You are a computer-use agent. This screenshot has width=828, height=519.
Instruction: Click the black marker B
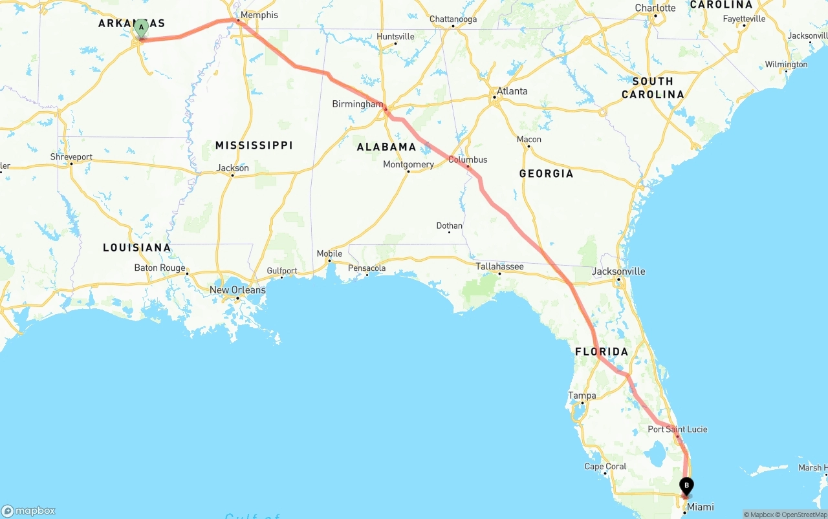[686, 486]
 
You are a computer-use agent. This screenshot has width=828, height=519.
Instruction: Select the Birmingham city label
[358, 104]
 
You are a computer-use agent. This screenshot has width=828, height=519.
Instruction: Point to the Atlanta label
[512, 91]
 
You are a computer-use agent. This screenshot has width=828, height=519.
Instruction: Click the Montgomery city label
[408, 164]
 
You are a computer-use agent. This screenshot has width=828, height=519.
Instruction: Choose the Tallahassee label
[499, 266]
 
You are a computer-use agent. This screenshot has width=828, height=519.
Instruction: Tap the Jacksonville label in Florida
[618, 271]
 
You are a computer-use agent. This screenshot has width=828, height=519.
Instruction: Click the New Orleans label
[237, 290]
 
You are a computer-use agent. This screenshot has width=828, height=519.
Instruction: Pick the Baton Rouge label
[160, 268]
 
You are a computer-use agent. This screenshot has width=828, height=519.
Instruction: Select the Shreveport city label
[71, 157]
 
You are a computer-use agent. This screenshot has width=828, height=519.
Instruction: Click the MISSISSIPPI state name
[254, 145]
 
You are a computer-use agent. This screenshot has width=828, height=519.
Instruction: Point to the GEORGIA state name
[546, 173]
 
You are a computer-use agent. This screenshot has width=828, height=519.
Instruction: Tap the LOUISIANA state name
[137, 248]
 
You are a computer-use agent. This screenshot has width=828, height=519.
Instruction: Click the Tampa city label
[582, 396]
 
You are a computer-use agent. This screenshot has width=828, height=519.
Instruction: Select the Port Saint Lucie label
[677, 429]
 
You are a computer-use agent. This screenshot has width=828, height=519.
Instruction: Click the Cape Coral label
[605, 467]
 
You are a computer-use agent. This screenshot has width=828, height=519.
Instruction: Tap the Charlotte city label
[655, 8]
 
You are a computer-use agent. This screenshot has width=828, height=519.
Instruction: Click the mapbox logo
[28, 511]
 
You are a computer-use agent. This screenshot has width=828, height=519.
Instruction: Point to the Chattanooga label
[453, 19]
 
